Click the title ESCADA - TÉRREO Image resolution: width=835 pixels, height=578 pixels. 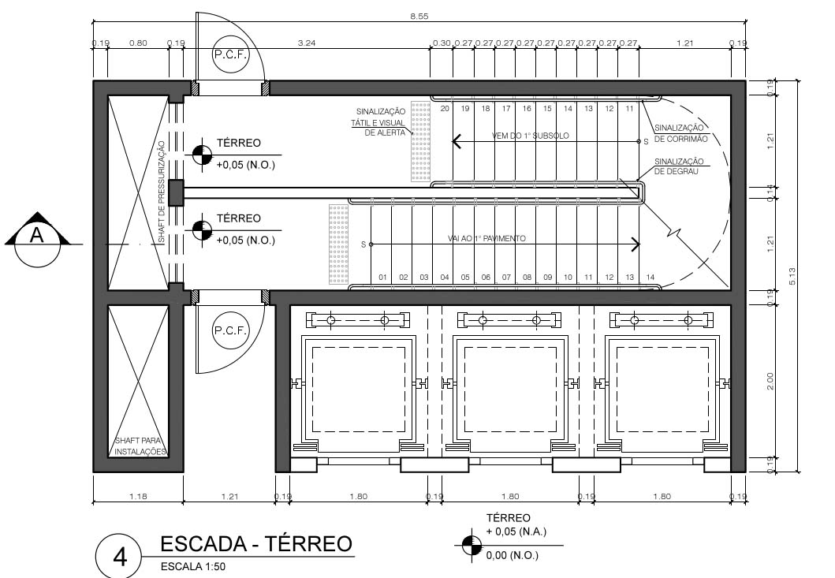click(256, 543)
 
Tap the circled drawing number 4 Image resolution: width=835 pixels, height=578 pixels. click(120, 557)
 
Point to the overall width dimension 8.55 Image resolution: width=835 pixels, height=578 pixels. click(419, 17)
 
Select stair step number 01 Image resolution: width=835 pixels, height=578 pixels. click(382, 278)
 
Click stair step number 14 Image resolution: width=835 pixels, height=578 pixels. click(650, 278)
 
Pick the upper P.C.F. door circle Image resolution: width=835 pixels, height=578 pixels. click(230, 55)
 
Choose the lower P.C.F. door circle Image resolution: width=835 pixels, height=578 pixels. click(230, 332)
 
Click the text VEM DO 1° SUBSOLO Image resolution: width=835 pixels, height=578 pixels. click(530, 136)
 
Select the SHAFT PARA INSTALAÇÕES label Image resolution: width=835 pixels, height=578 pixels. click(140, 446)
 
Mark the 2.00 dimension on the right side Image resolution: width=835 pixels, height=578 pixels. click(770, 380)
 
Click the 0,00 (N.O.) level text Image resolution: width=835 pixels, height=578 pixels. click(513, 555)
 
